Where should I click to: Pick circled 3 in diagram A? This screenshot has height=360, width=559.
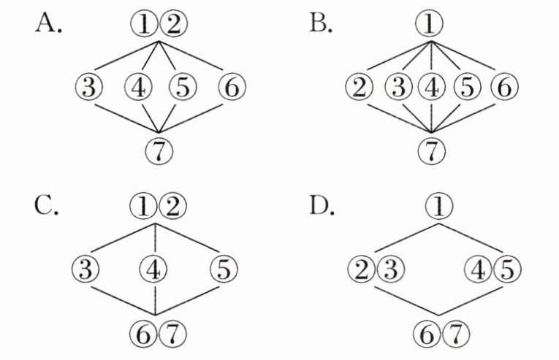pos(88,88)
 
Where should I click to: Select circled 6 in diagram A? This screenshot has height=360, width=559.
pos(230,88)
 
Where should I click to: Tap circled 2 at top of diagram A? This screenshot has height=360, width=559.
pos(173,25)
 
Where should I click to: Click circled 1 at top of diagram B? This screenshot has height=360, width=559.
pos(432,25)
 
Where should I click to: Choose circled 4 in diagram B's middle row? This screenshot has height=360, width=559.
pos(432,88)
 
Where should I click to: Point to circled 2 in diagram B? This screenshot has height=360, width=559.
pos(360,88)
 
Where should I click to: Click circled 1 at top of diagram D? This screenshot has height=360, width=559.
pos(438,208)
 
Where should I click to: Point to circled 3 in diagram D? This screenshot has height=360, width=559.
pos(387,269)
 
